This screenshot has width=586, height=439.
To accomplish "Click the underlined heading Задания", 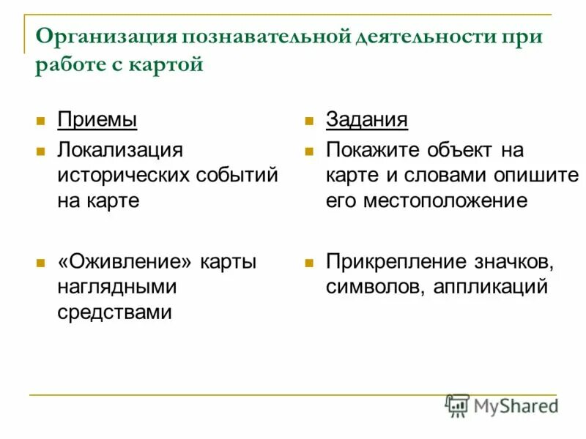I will [367, 119].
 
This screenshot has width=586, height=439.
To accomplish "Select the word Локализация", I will [120, 150].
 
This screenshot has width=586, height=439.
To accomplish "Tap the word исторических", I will [125, 176].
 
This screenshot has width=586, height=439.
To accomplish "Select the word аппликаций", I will [490, 287].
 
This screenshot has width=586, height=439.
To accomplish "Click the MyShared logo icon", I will [458, 405].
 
